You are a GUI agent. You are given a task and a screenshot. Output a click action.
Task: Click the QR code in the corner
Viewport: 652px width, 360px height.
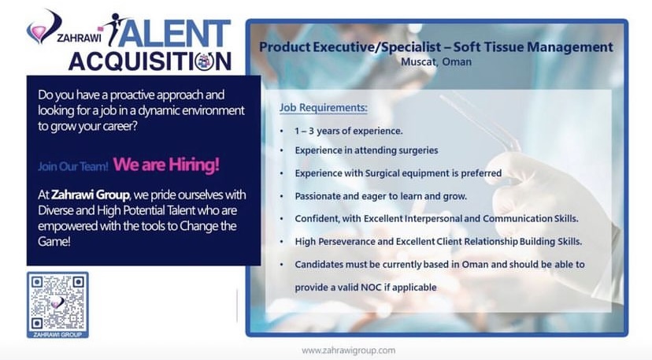(x=57, y=302)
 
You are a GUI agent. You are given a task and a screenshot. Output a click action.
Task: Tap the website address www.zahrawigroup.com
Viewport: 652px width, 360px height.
(x=349, y=351)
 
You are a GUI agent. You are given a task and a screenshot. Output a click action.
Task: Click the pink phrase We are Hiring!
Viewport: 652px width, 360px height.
(x=166, y=165)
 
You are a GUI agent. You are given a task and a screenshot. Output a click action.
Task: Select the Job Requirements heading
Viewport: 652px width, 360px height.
(x=323, y=108)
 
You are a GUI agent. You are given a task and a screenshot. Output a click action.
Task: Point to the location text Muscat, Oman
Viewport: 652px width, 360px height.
(x=436, y=62)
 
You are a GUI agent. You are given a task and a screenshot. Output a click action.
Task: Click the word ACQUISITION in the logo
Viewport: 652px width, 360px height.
(x=150, y=61)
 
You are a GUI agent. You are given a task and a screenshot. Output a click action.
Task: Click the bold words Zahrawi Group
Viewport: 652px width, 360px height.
(x=91, y=195)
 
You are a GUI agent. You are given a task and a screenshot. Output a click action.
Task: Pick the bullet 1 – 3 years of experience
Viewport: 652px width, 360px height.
(x=349, y=131)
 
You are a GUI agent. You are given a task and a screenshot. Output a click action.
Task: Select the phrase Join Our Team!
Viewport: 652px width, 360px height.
(x=73, y=166)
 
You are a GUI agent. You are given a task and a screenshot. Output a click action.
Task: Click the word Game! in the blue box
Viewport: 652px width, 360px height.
(x=54, y=241)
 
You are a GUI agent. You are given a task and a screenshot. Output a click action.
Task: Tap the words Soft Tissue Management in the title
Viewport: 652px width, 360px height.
(x=533, y=47)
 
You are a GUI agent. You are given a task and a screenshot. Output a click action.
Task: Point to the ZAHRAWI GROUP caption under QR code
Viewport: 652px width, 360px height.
(x=57, y=335)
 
